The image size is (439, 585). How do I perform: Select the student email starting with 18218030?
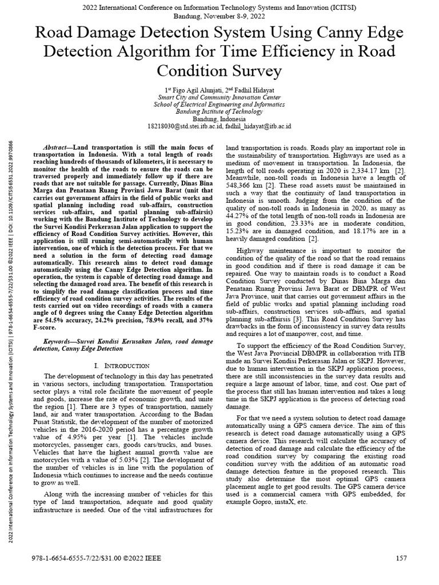click(183, 126)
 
